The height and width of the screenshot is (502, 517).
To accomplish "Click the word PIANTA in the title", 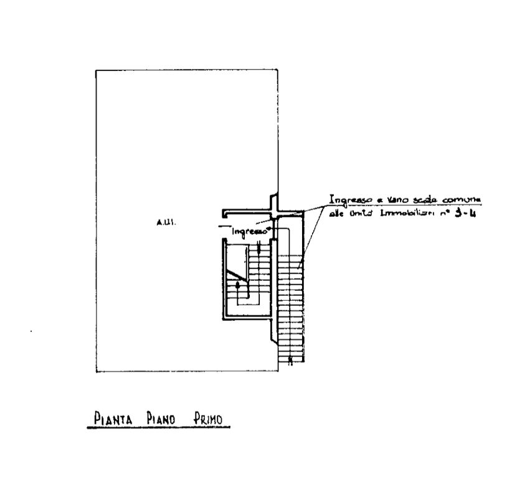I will point(110,419).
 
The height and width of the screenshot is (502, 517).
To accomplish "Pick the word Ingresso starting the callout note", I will point(348,201).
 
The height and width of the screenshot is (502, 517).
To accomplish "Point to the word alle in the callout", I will point(335,215).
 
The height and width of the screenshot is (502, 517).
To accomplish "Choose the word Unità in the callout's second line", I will point(362,215).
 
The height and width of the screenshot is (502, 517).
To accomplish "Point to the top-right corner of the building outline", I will point(277,69).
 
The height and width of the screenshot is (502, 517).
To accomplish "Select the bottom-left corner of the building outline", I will point(95,372).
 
